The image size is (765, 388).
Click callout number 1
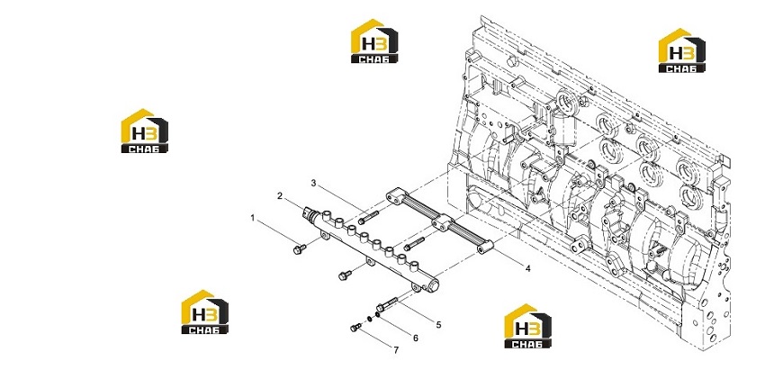click(x=253, y=218)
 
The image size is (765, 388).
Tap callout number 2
click(x=280, y=195)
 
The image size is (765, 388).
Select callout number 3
click(x=314, y=183)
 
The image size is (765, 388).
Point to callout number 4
click(x=528, y=268)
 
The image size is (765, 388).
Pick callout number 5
click(x=438, y=325)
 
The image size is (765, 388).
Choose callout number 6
click(x=416, y=338)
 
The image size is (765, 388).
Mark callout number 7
click(x=396, y=350)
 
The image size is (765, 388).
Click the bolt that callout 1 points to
click(x=299, y=248)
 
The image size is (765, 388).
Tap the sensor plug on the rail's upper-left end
click(x=310, y=213)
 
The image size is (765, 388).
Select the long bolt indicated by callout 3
click(x=368, y=217)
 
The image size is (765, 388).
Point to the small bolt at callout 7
click(x=355, y=327)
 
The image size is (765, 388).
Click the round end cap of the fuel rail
click(x=433, y=284)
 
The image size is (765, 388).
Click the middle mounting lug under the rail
click(x=371, y=263)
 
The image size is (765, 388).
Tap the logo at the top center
click(x=374, y=41)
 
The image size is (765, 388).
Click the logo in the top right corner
click(x=681, y=50)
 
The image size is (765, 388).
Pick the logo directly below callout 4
click(x=528, y=326)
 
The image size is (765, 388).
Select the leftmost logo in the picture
click(x=144, y=131)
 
